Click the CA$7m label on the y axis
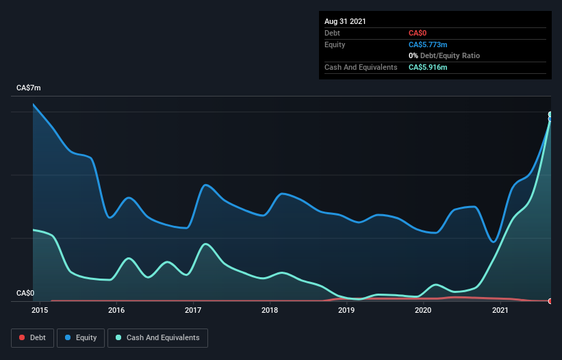coord(29,88)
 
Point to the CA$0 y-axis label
coord(25,294)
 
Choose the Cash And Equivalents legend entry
coord(157,337)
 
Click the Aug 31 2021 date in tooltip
coord(345,21)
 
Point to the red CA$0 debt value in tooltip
coord(418,33)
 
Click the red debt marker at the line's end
coord(550,301)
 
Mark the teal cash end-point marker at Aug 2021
coord(550,114)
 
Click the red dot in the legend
coord(22,337)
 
